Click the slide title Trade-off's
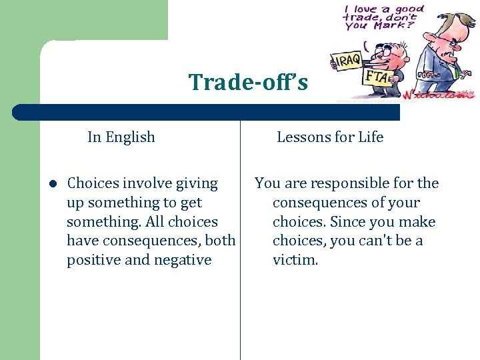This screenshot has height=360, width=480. click(248, 82)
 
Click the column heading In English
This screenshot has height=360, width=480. click(121, 137)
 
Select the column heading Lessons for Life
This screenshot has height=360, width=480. click(330, 137)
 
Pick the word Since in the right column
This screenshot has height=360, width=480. click(349, 222)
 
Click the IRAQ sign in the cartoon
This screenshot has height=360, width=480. click(346, 61)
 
